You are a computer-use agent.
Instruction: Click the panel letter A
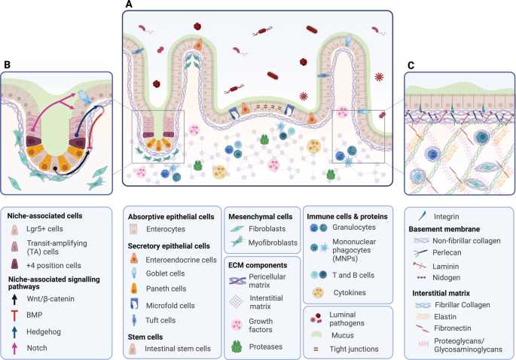[x=129, y=5]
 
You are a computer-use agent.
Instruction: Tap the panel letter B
[x=7, y=65]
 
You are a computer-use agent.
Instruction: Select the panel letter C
[x=411, y=66]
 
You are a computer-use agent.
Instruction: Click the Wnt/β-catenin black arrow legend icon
[x=14, y=299]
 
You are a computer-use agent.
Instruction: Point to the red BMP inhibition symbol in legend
[x=14, y=316]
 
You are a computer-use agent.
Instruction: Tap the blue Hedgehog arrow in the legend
[x=14, y=331]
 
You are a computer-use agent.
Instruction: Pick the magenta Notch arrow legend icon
[x=14, y=348]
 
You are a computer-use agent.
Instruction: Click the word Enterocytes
[x=166, y=229]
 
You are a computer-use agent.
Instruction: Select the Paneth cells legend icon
[x=134, y=288]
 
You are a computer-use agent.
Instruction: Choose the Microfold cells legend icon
[x=134, y=304]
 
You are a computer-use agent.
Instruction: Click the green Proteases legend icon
[x=237, y=347]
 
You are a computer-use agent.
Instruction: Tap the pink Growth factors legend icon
[x=237, y=325]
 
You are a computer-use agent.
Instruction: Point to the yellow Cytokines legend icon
[x=318, y=292]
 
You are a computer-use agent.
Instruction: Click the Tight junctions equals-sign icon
[x=316, y=349]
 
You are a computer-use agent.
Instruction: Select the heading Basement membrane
[x=444, y=229]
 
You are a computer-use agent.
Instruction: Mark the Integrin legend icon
[x=422, y=216]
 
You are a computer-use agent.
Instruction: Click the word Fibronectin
[x=453, y=328]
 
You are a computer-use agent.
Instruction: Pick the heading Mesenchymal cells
[x=261, y=216]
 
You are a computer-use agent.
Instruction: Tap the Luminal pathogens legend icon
[x=316, y=318]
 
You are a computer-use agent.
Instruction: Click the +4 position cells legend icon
[x=15, y=264]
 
